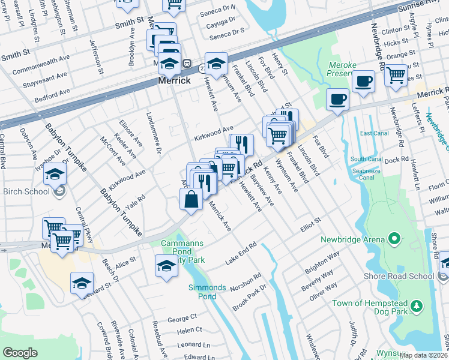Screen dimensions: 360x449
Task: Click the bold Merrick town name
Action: (x=174, y=80)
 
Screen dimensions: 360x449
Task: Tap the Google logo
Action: (x=20, y=352)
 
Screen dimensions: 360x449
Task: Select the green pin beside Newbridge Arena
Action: (x=394, y=239)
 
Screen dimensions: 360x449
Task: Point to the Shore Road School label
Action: (x=399, y=276)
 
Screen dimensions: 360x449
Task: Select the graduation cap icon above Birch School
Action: (x=55, y=174)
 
